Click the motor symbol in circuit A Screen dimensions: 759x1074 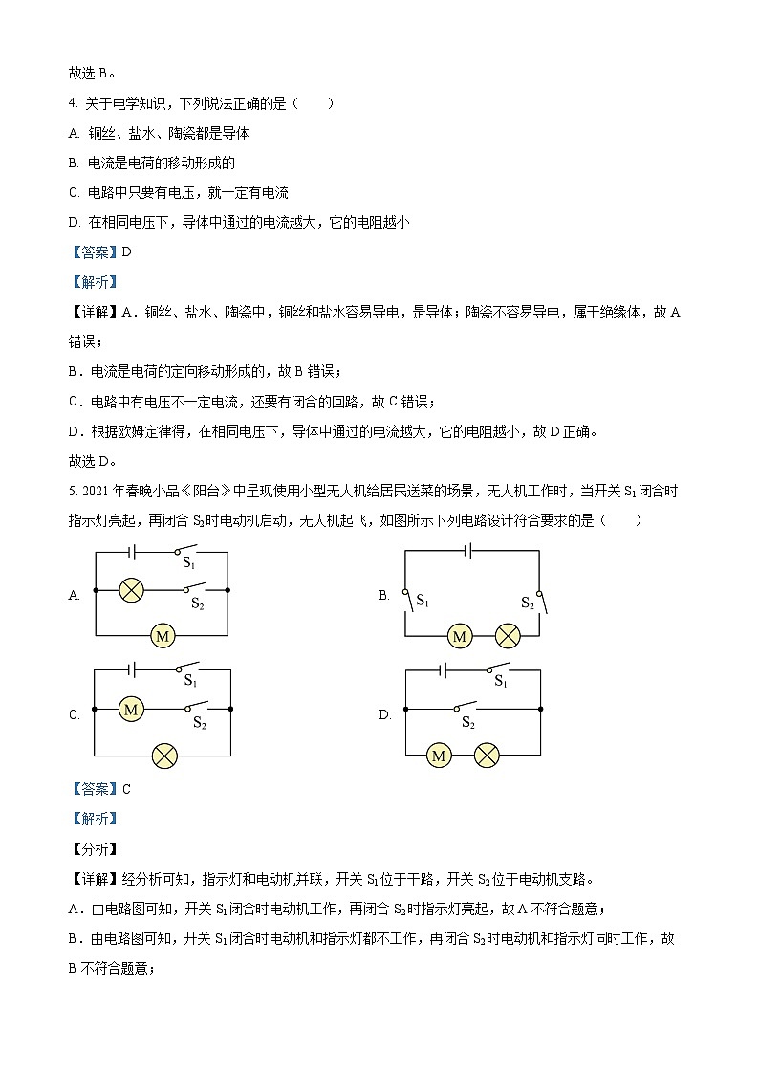(x=162, y=634)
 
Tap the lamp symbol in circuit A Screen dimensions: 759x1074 (x=131, y=590)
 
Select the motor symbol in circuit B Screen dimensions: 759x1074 (x=460, y=635)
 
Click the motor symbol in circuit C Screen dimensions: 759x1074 (x=131, y=709)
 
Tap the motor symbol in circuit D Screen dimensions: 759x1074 (x=440, y=756)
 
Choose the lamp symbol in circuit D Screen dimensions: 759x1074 (x=488, y=756)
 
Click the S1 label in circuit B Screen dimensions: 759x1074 (x=422, y=603)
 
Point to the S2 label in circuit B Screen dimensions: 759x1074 (x=527, y=603)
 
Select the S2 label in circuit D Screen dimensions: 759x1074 (x=467, y=723)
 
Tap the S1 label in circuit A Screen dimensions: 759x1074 (x=189, y=564)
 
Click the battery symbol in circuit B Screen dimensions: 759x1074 (x=467, y=550)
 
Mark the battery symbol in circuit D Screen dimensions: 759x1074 (x=444, y=669)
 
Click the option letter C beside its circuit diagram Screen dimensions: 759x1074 (x=74, y=715)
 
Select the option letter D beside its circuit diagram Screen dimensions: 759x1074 (x=384, y=715)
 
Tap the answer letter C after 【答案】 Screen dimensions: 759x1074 (x=126, y=789)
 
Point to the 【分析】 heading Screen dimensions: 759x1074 (x=93, y=848)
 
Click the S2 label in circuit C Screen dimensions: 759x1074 (x=199, y=723)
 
